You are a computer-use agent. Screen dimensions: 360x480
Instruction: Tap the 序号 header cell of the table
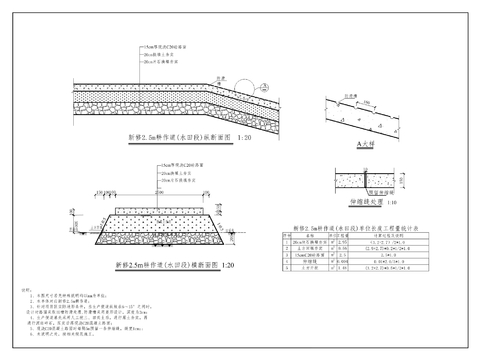[285, 236]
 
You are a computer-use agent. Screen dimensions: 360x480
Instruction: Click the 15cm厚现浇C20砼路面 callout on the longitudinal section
[165, 47]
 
